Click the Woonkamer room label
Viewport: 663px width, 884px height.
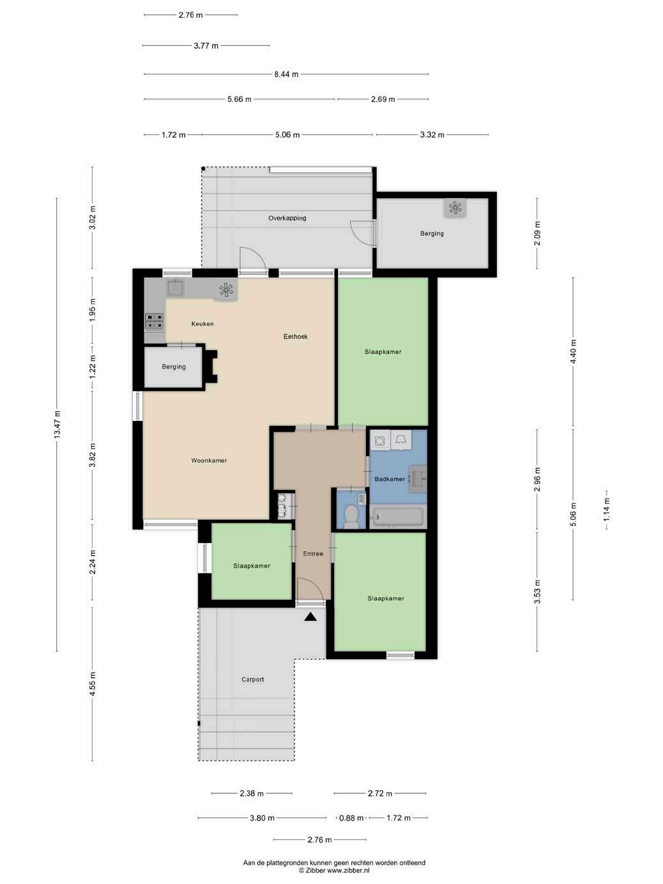click(x=209, y=461)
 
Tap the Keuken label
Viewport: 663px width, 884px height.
click(x=202, y=324)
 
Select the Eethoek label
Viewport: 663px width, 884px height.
click(x=296, y=336)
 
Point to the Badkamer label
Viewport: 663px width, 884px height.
click(x=390, y=479)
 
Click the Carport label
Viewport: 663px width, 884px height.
click(x=253, y=680)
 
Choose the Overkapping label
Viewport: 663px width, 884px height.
click(x=287, y=218)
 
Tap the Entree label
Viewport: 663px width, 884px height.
click(x=313, y=554)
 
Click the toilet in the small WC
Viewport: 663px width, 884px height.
click(x=351, y=517)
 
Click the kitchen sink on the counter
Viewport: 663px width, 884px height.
click(x=175, y=287)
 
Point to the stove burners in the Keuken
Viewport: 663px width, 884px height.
click(x=155, y=322)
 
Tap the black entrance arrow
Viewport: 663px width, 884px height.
click(x=310, y=616)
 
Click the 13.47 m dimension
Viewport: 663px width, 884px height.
click(x=57, y=425)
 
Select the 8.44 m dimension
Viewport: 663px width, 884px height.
click(x=286, y=74)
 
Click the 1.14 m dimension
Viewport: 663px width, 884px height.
click(x=607, y=509)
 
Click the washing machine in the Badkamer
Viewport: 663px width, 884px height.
click(x=379, y=441)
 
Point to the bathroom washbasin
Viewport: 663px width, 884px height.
click(x=418, y=479)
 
